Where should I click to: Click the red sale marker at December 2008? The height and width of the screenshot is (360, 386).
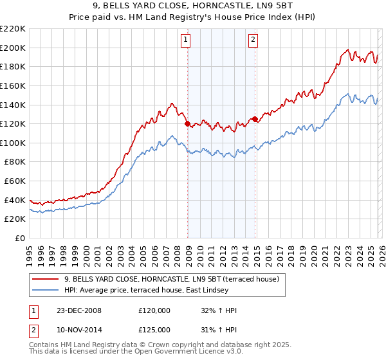pyautogui.click(x=187, y=123)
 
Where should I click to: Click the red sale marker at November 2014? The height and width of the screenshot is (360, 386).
pyautogui.click(x=255, y=119)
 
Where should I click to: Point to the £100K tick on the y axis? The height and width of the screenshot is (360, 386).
pyautogui.click(x=13, y=143)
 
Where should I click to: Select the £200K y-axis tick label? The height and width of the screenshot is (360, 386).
pyautogui.click(x=13, y=48)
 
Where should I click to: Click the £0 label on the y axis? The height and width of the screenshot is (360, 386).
pyautogui.click(x=19, y=239)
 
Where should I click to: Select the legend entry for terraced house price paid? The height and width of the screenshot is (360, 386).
pyautogui.click(x=171, y=279)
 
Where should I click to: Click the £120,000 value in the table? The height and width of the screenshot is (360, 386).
pyautogui.click(x=154, y=310)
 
